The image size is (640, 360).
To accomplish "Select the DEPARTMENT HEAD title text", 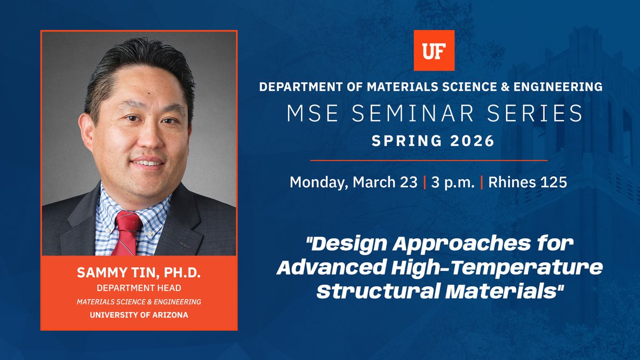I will [x=139, y=289].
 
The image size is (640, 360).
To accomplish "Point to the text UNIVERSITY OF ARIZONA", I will [x=139, y=314].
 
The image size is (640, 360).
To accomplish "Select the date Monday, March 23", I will [x=353, y=182].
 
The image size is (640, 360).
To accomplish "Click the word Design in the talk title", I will [x=351, y=246].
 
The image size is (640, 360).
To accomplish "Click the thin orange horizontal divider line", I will [x=429, y=160].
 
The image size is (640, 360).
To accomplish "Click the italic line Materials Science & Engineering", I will [x=139, y=301].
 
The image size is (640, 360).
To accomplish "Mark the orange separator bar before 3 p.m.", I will [x=425, y=182].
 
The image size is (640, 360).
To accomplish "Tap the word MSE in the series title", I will [x=308, y=113].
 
